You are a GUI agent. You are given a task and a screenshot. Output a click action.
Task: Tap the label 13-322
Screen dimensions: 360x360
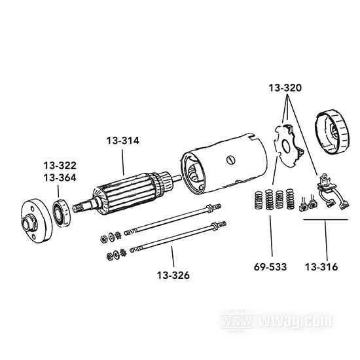60,165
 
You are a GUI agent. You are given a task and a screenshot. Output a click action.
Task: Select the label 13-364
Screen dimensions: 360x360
60,177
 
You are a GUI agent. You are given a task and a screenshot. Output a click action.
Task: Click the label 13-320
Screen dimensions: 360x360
285,87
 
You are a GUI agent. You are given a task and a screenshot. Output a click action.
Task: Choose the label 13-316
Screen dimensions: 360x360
321,266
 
